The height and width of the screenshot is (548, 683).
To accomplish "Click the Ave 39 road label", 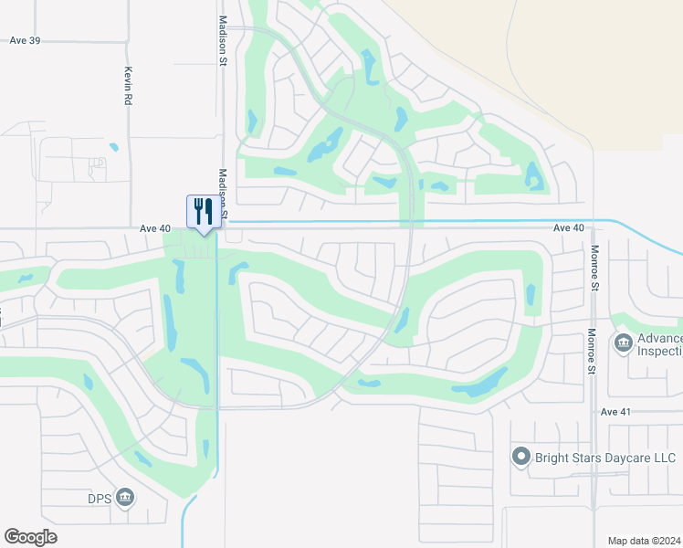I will point(26,40).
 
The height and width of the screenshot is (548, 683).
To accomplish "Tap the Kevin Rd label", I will point(129,85).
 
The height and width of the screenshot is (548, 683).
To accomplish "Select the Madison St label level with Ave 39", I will point(221,41).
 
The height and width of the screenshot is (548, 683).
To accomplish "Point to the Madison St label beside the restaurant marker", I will point(221,193).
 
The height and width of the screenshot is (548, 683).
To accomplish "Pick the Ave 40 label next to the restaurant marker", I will point(155,228).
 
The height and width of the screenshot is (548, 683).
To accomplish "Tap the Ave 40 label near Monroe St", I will point(568,228).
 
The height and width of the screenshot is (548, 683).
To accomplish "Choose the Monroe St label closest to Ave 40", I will point(594,267).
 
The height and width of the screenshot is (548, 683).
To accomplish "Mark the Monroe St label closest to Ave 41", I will point(591,352).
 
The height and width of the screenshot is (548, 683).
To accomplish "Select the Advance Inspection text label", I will point(659,344).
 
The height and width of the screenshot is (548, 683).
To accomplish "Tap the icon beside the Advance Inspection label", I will point(625,343).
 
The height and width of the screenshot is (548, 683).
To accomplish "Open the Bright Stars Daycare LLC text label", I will point(604,457).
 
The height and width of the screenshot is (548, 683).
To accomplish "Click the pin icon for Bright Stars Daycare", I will point(520,456).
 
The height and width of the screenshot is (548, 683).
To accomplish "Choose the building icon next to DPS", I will point(126,498).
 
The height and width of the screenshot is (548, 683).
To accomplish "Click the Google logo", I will point(30,537).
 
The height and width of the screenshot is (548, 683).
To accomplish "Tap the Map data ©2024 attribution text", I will point(644,541).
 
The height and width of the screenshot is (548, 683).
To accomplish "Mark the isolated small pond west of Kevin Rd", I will point(113,146).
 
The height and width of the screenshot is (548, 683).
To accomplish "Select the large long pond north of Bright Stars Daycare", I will point(480,384).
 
